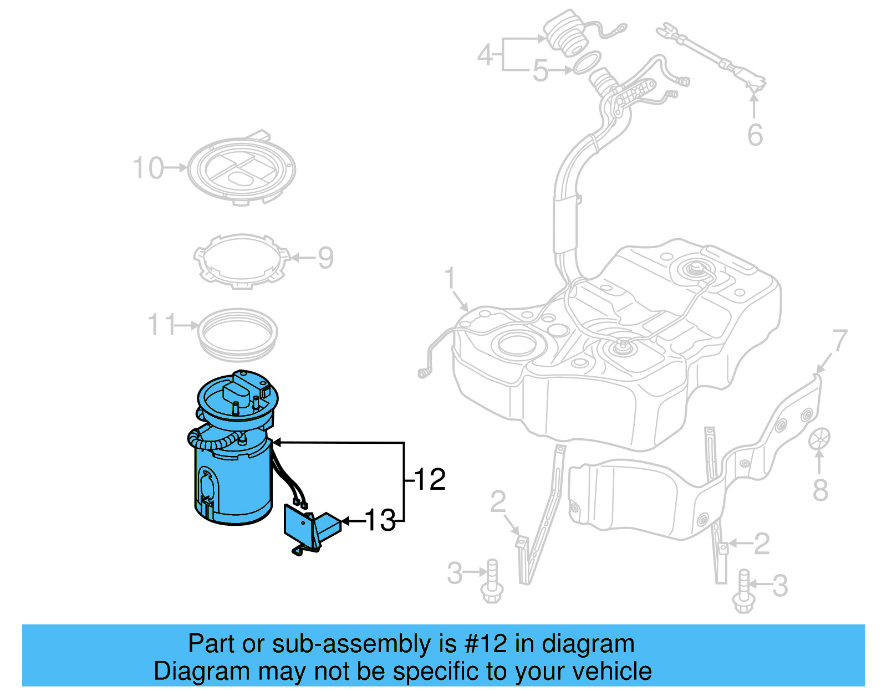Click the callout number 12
point(430,480)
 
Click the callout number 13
point(380,521)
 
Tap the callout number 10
point(149,168)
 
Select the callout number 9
point(325,258)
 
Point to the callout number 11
point(161,325)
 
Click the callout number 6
point(755,135)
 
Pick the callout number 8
point(820,490)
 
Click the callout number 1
point(450,278)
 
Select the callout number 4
point(485,55)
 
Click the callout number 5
point(540,71)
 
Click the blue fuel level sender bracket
point(310,529)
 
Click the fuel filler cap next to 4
point(564,33)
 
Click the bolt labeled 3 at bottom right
point(742,593)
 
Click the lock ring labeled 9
point(242,260)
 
